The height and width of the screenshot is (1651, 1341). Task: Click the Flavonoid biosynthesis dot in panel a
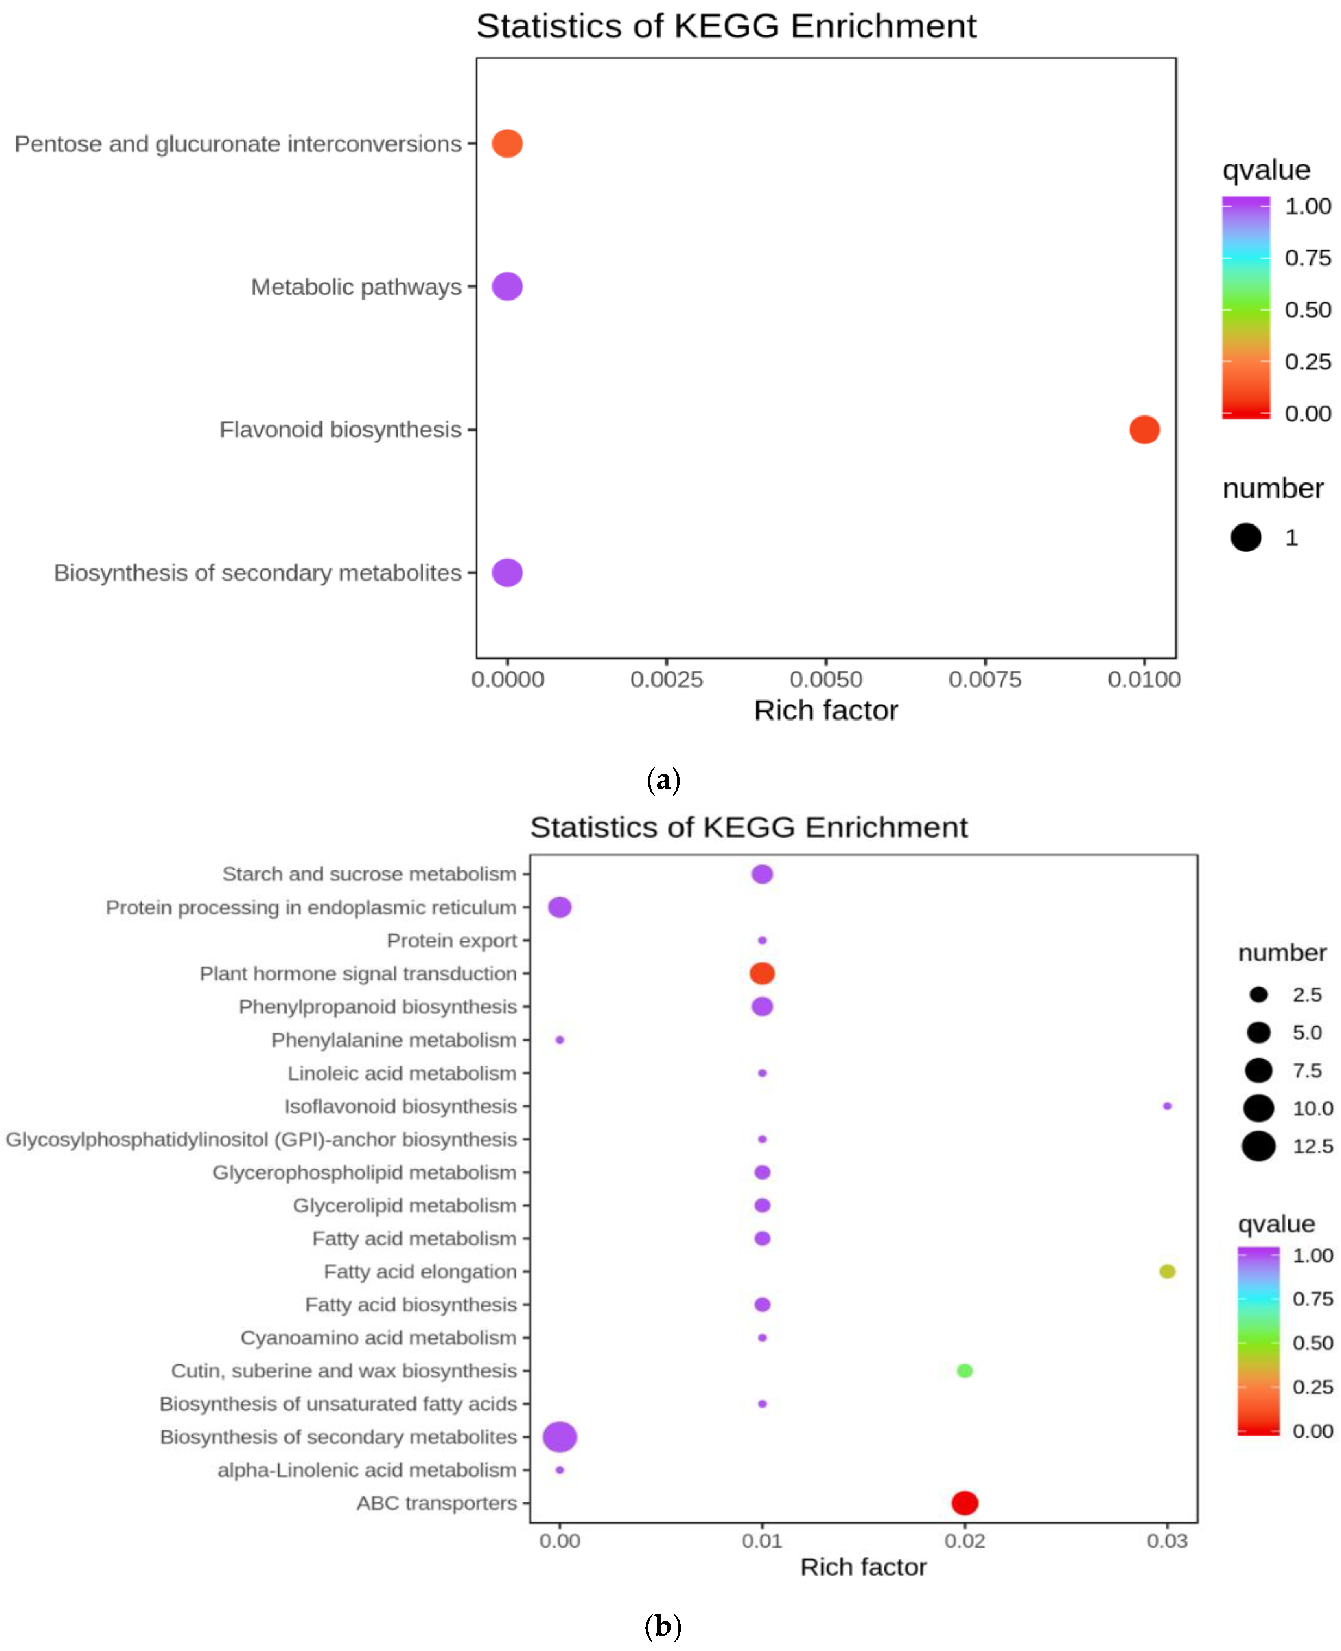1144,430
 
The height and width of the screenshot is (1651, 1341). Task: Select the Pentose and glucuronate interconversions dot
508,144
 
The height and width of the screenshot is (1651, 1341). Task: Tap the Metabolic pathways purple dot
508,287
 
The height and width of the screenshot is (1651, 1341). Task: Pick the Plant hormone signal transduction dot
762,973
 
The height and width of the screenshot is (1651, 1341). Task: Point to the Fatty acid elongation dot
1167,1272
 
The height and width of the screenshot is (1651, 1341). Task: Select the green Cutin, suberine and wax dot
965,1370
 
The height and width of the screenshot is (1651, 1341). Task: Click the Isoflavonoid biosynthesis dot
1167,1106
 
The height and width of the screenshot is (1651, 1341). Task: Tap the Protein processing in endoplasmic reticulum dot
560,907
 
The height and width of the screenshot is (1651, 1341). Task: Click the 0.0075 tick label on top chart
985,680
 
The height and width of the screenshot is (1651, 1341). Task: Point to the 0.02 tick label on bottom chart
965,1541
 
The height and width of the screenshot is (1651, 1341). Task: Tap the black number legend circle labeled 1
1246,538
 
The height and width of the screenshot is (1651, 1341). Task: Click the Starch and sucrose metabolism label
369,874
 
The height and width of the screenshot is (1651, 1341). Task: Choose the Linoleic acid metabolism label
402,1073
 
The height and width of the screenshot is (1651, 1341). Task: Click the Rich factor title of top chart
826,711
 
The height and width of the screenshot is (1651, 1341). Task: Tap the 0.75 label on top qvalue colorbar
1308,258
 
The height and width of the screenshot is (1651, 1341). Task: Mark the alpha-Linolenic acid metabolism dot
560,1470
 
